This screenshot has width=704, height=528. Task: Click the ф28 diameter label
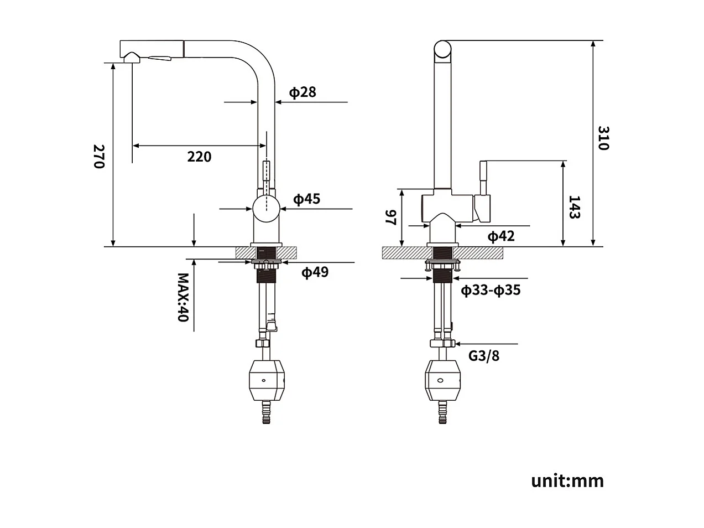pyautogui.click(x=303, y=92)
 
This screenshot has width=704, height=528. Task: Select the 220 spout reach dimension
pyautogui.click(x=199, y=157)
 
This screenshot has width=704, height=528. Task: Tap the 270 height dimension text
pyautogui.click(x=98, y=157)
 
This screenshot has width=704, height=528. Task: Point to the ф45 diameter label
pyautogui.click(x=306, y=199)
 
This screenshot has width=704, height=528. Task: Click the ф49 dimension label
pyautogui.click(x=314, y=272)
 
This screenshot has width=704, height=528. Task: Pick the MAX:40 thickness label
pyautogui.click(x=183, y=297)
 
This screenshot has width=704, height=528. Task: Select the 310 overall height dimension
pyautogui.click(x=603, y=138)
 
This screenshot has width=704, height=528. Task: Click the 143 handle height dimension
pyautogui.click(x=574, y=207)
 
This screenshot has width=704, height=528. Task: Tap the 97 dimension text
pyautogui.click(x=391, y=217)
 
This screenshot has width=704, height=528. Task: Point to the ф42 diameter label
pyautogui.click(x=500, y=236)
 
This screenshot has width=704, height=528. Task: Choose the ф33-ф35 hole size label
pyautogui.click(x=491, y=290)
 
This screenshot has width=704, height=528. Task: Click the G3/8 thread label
pyautogui.click(x=483, y=355)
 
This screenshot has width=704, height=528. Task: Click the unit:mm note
pyautogui.click(x=567, y=480)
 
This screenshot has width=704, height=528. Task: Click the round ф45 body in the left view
pyautogui.click(x=267, y=209)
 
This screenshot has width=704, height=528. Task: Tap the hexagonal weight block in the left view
pyautogui.click(x=267, y=380)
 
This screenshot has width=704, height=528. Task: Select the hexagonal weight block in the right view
pyautogui.click(x=442, y=380)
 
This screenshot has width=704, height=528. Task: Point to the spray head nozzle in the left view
pyautogui.click(x=132, y=57)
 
